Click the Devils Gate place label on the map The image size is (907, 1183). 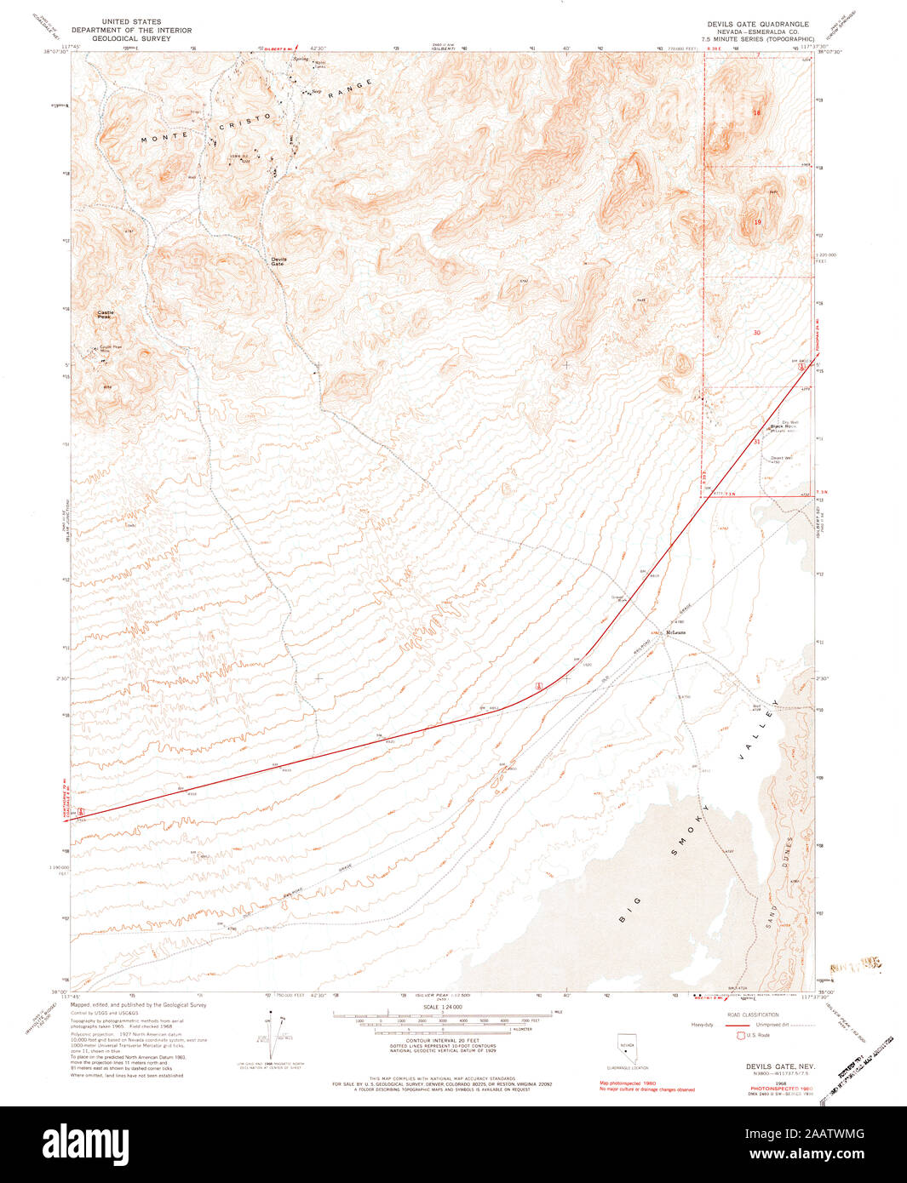[x=278, y=261]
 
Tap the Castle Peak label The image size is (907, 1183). [x=106, y=314]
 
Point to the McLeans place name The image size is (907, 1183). [x=676, y=632]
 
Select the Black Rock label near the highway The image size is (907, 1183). [x=783, y=426]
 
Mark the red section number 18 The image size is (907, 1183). [x=755, y=112]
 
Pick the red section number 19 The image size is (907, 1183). [x=757, y=222]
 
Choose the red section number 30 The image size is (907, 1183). [x=756, y=332]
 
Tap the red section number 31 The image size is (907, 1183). [x=756, y=442]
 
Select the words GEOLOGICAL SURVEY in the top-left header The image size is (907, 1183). [x=131, y=38]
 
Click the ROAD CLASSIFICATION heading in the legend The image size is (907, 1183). [x=754, y=1014]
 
